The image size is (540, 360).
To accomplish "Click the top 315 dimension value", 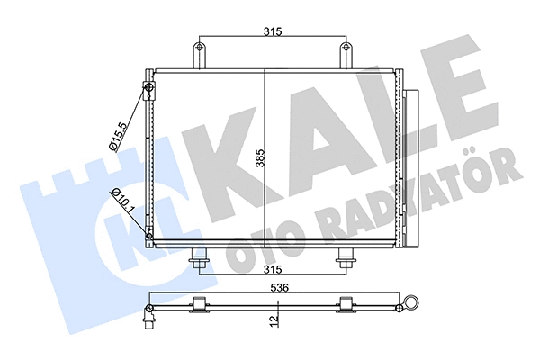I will coord(274,31).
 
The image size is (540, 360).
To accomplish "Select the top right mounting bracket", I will coord(344,54).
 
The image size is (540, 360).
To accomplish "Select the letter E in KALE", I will coord(487,99).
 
